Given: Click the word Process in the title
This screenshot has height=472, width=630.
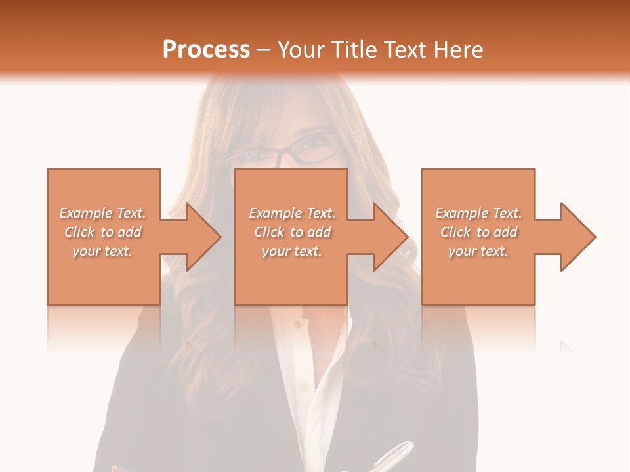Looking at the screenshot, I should click(206, 50).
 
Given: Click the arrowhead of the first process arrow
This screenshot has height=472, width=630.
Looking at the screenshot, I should click(203, 237).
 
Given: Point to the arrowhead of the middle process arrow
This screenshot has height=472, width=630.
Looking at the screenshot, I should click(390, 237).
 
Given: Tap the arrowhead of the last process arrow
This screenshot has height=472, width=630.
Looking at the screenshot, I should click(578, 237).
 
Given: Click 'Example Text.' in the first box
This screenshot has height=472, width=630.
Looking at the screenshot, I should click(102, 213).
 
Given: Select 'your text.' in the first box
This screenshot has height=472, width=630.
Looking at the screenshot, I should click(102, 251).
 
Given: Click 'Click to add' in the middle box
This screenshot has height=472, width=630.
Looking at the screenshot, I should click(292, 232).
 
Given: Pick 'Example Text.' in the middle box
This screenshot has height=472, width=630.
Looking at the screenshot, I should click(292, 213).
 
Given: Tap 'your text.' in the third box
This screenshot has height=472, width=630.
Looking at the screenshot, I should click(478, 251).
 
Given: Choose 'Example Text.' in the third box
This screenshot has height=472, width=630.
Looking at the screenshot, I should click(478, 213).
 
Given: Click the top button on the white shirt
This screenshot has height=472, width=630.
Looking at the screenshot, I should click(297, 324).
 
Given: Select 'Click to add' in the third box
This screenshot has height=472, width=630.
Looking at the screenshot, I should click(478, 232).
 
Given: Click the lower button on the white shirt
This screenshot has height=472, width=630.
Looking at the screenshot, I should click(303, 387).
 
